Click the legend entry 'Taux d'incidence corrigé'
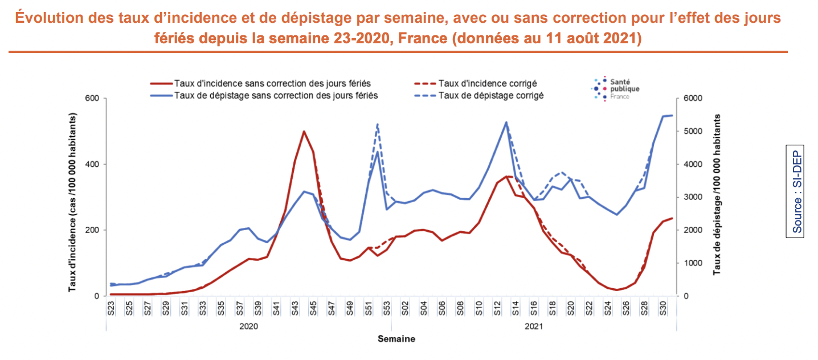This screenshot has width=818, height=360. click(x=488, y=84)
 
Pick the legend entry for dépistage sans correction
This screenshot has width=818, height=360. click(x=276, y=95)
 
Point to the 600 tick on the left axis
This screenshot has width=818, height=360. click(x=92, y=99)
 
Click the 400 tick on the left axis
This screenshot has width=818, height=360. click(x=92, y=164)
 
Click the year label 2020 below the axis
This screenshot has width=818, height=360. click(x=248, y=327)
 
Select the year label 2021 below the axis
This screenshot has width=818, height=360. click(x=533, y=327)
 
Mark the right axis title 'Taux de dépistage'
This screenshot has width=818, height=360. click(x=716, y=194)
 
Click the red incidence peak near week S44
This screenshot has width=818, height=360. click(x=304, y=132)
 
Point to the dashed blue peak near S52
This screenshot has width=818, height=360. click(x=377, y=124)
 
